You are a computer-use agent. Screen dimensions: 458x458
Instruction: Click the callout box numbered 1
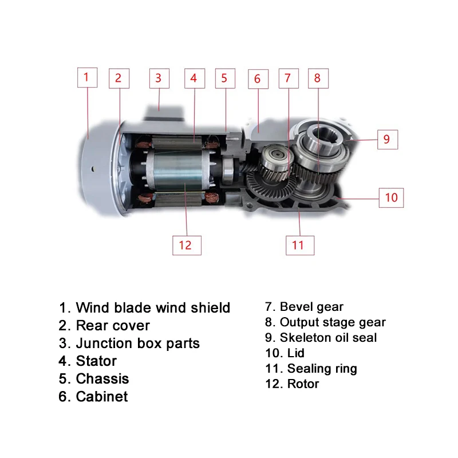pos(86,77)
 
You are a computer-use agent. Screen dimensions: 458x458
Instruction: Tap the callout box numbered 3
pos(159,78)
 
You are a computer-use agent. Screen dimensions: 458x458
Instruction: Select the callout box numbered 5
pos(224,78)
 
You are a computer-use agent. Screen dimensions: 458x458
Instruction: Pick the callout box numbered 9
pos(386,139)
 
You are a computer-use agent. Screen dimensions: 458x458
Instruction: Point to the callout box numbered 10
pos(390,198)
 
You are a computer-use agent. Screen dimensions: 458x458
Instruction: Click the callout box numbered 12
pos(185,245)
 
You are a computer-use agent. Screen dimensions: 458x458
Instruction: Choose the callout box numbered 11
pos(298,245)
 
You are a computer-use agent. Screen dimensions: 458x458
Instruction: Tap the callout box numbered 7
pos(288,78)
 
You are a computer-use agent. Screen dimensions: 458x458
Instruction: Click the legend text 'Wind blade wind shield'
pos(152,308)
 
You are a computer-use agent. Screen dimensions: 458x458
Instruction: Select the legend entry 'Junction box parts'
pos(137,343)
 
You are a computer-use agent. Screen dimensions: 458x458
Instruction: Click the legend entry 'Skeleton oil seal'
pos(328,338)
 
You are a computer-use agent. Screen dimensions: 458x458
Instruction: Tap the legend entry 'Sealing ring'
pos(322,369)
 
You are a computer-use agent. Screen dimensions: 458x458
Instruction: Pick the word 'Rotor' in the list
pos(303,384)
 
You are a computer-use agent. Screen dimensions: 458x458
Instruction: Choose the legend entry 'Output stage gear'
pos(333,323)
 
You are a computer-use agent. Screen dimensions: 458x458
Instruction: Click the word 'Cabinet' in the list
pos(101,396)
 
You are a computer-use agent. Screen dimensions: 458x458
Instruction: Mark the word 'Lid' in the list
pos(296,353)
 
